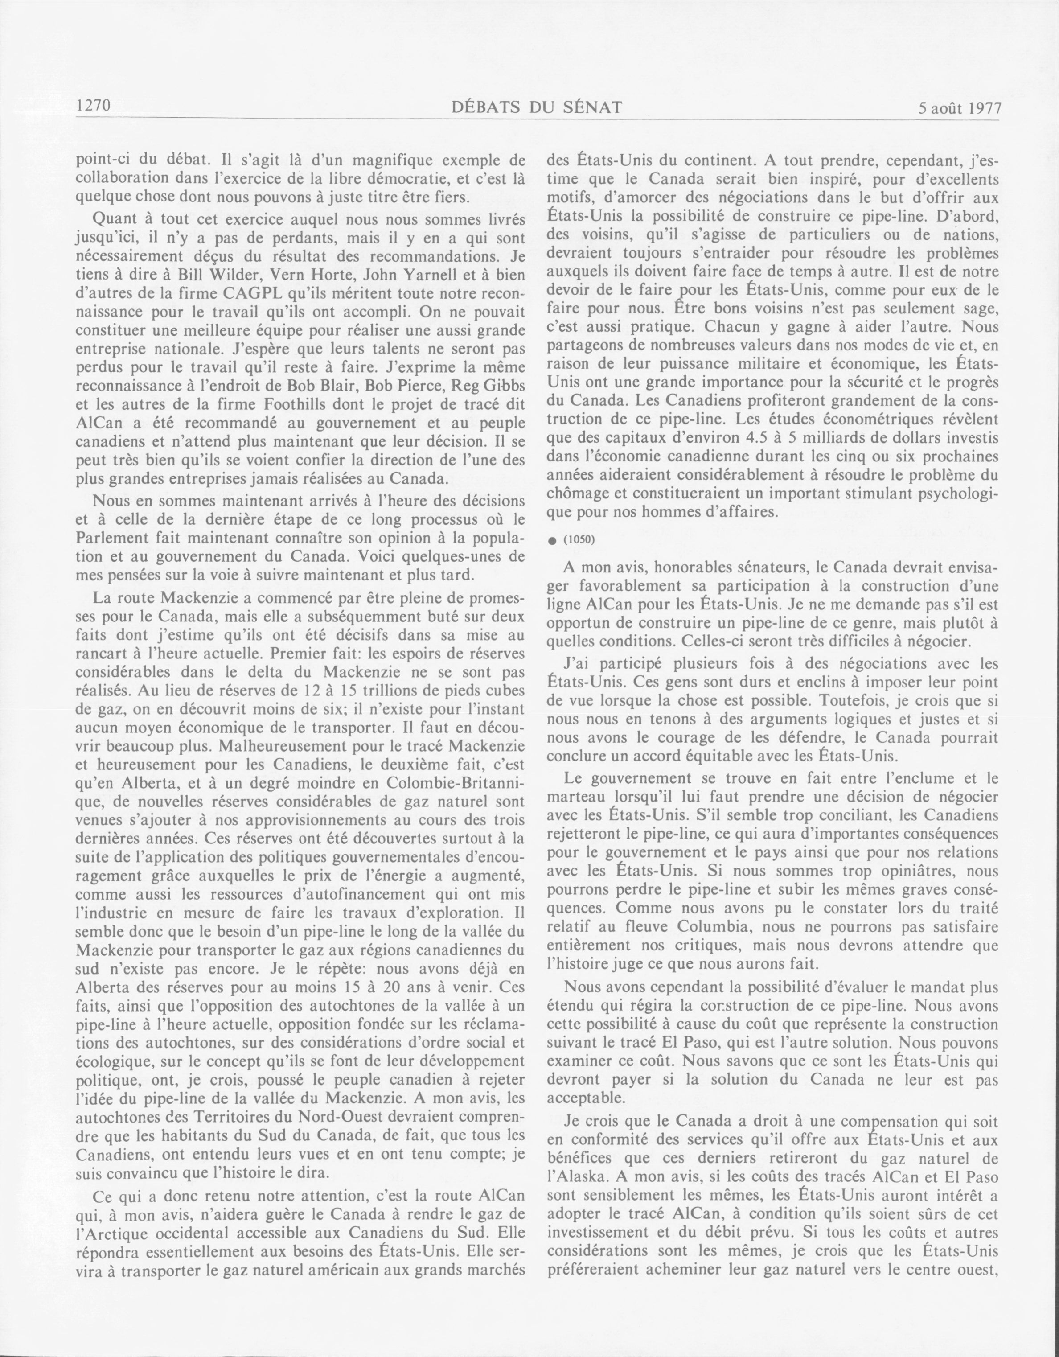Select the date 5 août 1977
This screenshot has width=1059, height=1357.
click(x=959, y=109)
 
